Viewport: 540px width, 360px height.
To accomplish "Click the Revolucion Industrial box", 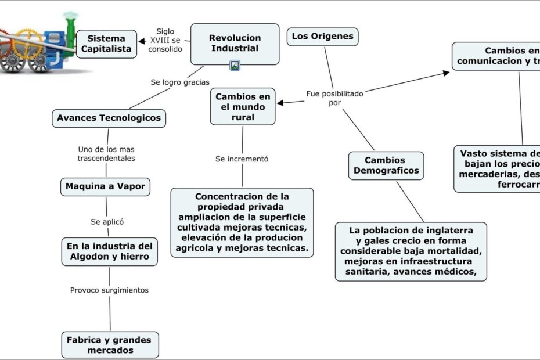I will pos(235,43).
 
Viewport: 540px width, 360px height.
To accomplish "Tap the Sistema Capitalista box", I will pos(106,44).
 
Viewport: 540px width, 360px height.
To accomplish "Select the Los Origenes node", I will pos(322,37).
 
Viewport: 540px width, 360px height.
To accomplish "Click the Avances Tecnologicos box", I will pos(109,118).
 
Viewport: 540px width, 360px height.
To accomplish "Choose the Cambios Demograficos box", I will pos(386,165).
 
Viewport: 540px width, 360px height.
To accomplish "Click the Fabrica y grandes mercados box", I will pos(110,344).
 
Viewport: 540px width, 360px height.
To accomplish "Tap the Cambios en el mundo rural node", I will pos(243,107).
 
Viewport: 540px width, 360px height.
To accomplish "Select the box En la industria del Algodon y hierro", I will pos(109,251).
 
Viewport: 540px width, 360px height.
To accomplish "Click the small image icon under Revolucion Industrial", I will pos(235,66).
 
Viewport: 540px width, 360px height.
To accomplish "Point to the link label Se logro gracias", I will pos(180,82).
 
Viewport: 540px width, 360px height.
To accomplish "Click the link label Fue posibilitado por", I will pos(334,98).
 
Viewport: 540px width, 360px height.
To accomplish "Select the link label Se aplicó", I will pos(107,221).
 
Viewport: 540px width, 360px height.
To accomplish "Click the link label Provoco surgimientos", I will pos(109,290).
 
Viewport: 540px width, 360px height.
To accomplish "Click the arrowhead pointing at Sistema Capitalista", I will pos(142,41).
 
